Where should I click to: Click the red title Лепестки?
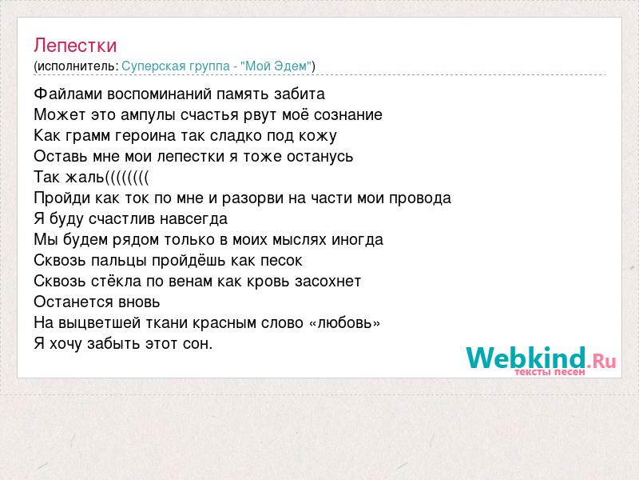75,46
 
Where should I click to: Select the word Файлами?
68,94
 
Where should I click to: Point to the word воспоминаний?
159,94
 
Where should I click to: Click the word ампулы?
149,115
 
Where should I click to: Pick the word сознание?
348,115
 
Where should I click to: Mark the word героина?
145,136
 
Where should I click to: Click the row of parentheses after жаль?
127,178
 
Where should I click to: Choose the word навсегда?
193,219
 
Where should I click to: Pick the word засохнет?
328,282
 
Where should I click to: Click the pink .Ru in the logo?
601,360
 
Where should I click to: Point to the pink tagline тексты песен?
550,372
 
